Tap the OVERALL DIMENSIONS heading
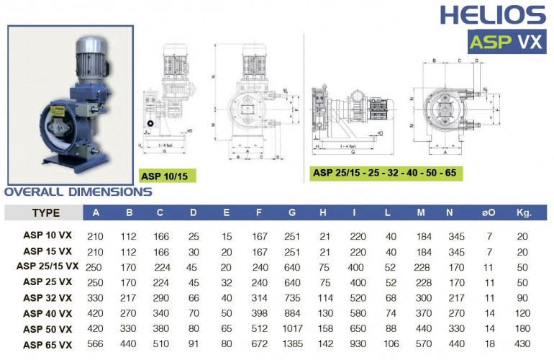tap(78, 192)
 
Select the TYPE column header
tap(46, 213)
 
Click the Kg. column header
tap(523, 213)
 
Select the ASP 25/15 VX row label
tap(47, 266)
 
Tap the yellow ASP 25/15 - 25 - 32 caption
tap(386, 174)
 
